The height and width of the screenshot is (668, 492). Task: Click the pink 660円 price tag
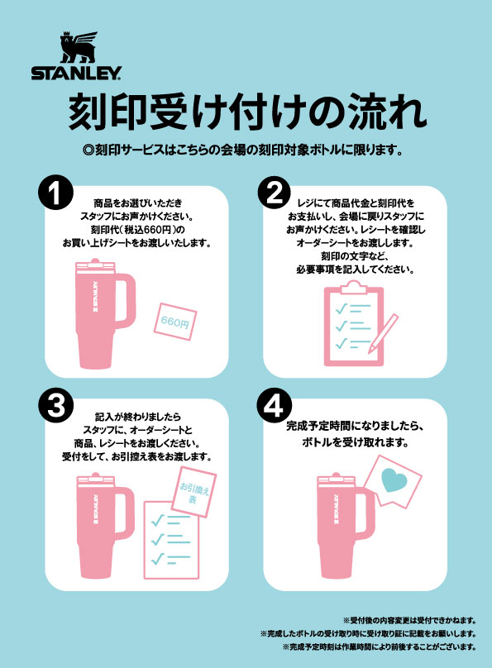[x=175, y=322]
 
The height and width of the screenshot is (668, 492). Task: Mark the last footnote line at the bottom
[x=380, y=647]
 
